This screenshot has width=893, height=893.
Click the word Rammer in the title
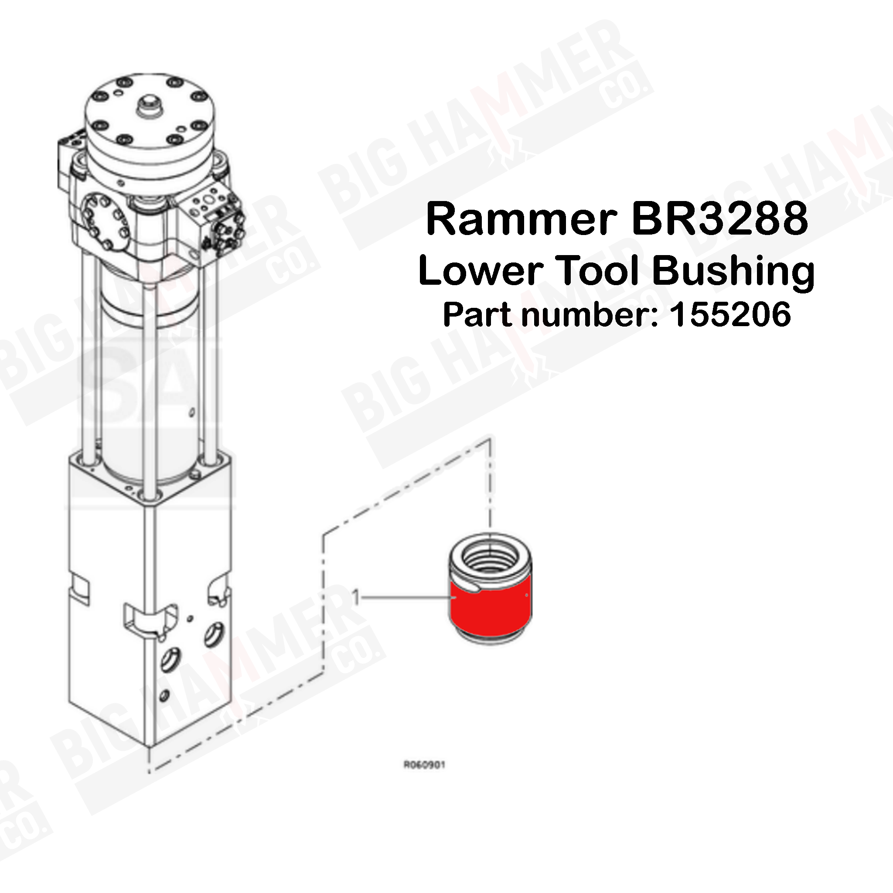(x=521, y=219)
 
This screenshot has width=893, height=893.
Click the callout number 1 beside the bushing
(x=355, y=598)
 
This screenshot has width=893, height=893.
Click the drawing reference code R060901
(x=424, y=765)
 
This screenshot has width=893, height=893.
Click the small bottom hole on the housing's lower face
(x=164, y=695)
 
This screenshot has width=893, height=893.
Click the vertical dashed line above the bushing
(x=490, y=485)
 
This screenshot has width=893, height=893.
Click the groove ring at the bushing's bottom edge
(x=491, y=638)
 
